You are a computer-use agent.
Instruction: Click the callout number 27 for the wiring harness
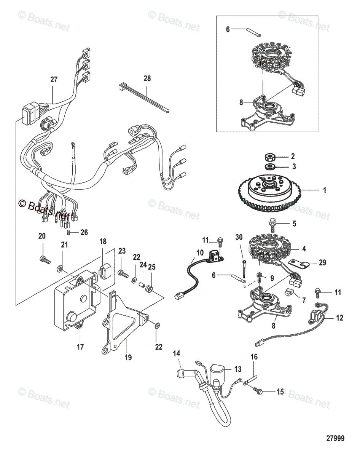(x=54, y=80)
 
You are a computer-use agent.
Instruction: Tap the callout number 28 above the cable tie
(x=147, y=78)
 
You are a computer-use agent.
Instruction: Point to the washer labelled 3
(x=270, y=167)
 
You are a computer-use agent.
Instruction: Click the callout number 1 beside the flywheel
(x=324, y=190)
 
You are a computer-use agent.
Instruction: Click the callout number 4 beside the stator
(x=304, y=249)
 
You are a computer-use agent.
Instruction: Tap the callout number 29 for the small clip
(x=322, y=263)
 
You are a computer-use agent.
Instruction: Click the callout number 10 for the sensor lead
(x=200, y=253)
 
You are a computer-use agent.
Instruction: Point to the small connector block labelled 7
(x=289, y=293)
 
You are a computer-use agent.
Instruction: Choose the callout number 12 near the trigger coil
(x=339, y=318)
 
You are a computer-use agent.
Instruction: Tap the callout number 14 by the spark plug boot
(x=177, y=353)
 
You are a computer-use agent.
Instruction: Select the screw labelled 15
(x=258, y=391)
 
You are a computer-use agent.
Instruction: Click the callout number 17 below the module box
(x=80, y=347)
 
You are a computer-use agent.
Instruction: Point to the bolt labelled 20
(x=45, y=260)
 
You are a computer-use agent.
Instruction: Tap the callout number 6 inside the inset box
(x=228, y=29)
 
